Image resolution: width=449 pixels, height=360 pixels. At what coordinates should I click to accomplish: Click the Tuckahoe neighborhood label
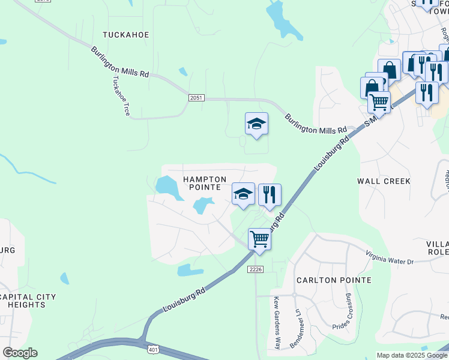coord(125,35)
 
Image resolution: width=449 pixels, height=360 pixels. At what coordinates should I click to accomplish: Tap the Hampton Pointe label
coord(205,183)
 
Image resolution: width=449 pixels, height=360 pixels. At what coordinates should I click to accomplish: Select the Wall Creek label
coord(384,181)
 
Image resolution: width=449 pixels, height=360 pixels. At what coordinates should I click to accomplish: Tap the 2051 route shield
coord(195,98)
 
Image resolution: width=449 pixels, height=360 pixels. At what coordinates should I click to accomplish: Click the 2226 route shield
coord(256,269)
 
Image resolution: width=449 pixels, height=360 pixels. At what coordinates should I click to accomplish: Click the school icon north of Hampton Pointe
coord(256,124)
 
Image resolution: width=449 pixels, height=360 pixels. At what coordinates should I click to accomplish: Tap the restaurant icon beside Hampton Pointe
coord(270,194)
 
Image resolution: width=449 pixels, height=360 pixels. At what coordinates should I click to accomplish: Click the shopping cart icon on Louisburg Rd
coord(259,238)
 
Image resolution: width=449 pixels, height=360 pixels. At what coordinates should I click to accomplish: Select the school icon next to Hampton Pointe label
coord(243,194)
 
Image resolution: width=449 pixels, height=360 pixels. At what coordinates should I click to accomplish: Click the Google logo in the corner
coord(20,353)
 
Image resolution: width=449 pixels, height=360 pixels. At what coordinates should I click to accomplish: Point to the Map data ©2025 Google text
coord(412,355)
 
